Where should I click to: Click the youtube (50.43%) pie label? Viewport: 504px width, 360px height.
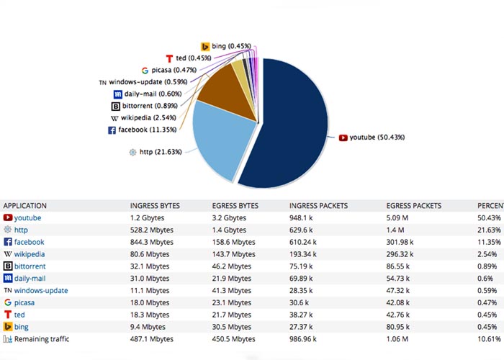374,137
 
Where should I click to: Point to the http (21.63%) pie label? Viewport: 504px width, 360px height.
161,152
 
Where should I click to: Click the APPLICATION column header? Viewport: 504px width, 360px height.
25,205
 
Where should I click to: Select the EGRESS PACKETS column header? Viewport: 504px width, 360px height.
415,205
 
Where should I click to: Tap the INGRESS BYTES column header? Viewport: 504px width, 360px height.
154,205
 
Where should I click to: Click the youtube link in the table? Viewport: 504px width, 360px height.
27,217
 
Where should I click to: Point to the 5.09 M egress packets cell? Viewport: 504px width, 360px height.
400,217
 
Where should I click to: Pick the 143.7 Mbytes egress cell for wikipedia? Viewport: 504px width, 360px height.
234,254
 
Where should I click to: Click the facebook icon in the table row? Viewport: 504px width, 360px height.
8,242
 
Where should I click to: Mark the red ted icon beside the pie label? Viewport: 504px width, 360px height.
169,58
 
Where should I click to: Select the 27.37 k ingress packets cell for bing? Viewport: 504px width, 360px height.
304,326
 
